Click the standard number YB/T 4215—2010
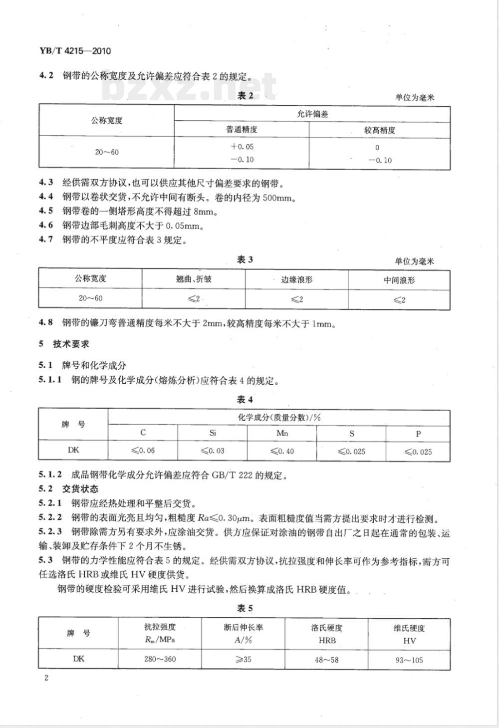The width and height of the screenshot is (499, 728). [74, 51]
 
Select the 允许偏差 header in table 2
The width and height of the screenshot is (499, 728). [312, 114]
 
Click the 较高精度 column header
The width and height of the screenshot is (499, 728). [380, 130]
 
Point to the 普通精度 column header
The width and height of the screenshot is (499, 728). [242, 130]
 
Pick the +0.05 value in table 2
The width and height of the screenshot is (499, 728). [242, 147]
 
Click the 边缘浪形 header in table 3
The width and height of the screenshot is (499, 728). [296, 280]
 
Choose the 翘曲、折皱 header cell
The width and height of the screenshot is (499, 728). [194, 279]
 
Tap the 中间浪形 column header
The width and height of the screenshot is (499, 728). [399, 280]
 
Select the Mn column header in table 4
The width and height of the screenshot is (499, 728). [282, 433]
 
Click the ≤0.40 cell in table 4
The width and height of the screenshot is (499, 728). [282, 451]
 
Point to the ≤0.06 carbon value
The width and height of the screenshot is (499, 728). [143, 451]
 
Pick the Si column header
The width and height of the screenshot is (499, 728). [213, 433]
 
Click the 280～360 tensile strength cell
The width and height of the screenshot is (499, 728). [160, 659]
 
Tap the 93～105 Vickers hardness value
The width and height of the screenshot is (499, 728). [409, 660]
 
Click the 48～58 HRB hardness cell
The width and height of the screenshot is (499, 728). [326, 660]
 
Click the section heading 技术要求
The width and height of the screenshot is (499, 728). [71, 344]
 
